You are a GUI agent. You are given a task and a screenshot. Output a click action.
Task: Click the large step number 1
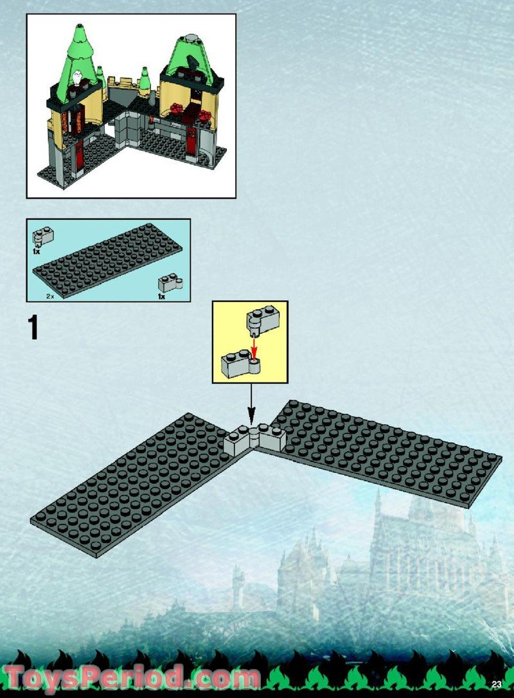click(33, 328)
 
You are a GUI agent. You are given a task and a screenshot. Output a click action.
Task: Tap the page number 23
click(497, 685)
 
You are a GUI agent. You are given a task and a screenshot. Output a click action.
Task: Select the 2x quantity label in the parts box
click(50, 296)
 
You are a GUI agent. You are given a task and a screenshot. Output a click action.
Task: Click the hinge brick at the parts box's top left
click(42, 236)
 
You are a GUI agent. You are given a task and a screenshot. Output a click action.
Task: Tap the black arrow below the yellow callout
click(251, 404)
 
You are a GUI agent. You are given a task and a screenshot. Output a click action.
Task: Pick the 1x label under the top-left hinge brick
click(37, 251)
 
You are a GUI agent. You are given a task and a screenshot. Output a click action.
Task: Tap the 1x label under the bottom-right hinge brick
click(161, 296)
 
